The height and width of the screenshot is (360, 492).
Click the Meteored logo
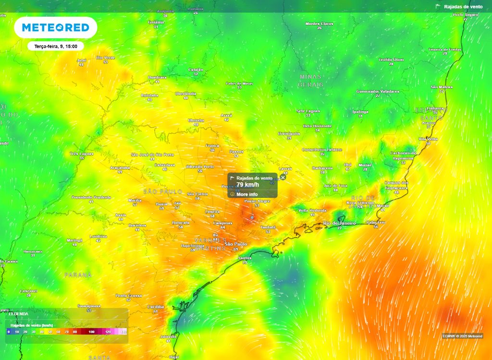[56, 28]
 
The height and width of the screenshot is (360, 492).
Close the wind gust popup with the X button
[283, 177]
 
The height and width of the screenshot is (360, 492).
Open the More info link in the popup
[247, 194]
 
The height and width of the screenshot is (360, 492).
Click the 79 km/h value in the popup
[247, 185]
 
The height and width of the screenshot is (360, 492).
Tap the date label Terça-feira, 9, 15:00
[56, 46]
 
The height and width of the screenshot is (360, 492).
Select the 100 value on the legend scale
[91, 332]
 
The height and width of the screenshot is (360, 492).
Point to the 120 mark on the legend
[108, 332]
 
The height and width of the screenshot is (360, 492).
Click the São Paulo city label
[235, 244]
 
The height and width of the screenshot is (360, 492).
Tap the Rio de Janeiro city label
[339, 223]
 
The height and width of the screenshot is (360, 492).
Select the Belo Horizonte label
[317, 126]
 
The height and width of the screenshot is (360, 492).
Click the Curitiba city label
[156, 306]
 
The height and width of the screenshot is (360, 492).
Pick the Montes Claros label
[319, 24]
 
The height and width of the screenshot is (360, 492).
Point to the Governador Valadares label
[378, 91]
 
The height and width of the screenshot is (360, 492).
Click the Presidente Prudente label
[91, 197]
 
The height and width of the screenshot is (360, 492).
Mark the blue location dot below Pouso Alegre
[252, 217]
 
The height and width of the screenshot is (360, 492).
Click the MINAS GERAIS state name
[310, 80]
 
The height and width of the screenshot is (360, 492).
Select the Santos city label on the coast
[245, 258]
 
